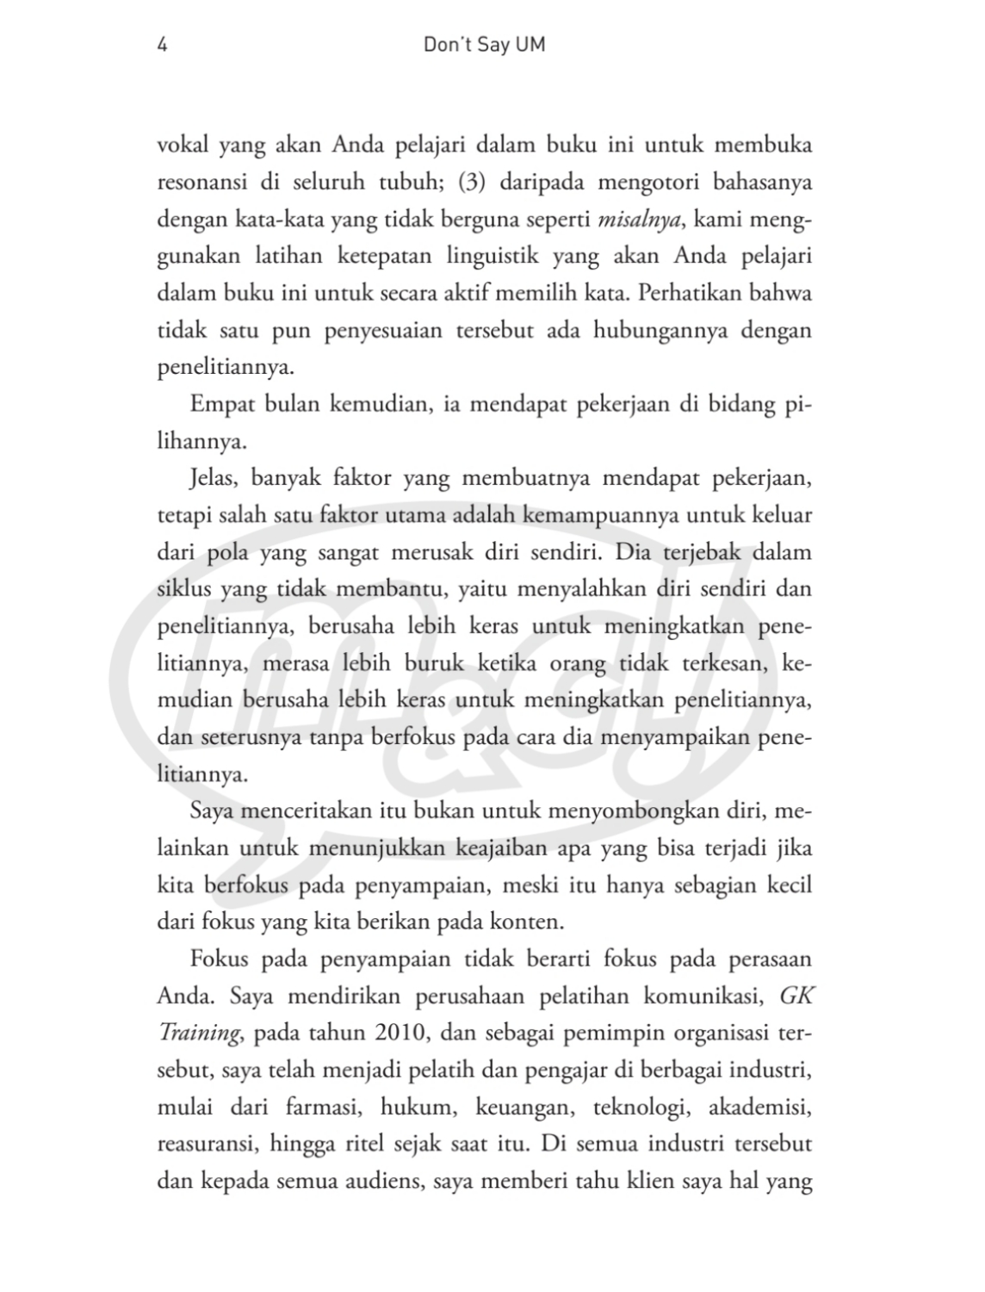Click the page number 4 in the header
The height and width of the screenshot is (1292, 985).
pyautogui.click(x=162, y=45)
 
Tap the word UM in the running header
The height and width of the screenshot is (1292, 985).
pyautogui.click(x=530, y=45)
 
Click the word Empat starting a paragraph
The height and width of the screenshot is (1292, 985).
pyautogui.click(x=220, y=404)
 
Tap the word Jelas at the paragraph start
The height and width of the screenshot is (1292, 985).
pyautogui.click(x=214, y=478)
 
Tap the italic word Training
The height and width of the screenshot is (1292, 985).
pyautogui.click(x=198, y=1034)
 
